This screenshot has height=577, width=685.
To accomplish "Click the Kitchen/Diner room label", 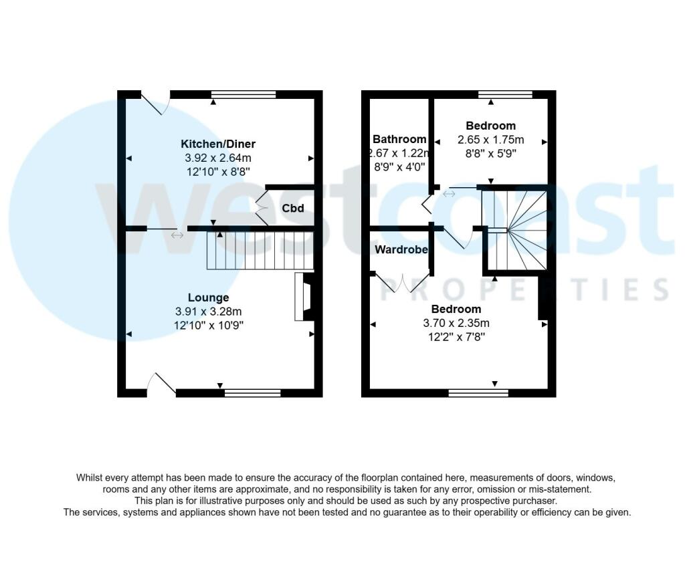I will [218, 144].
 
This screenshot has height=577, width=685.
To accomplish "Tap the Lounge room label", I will [208, 298].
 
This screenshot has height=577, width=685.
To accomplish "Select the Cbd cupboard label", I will [292, 208].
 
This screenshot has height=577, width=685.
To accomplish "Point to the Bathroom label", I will [399, 139].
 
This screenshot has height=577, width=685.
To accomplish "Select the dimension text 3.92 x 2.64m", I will [218, 158].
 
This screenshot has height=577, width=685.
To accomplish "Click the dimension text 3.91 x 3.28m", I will [209, 311].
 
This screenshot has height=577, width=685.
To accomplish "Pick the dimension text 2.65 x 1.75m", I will [490, 140].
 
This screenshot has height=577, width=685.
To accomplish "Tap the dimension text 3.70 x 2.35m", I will [456, 323].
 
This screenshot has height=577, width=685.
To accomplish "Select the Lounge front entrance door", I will [161, 384].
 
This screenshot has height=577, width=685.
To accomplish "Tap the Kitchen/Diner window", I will [243, 94].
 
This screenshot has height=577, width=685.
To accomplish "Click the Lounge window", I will [252, 393].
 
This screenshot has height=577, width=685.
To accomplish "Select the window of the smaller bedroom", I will [505, 94].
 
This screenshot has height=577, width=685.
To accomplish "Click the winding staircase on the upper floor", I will [516, 227].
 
